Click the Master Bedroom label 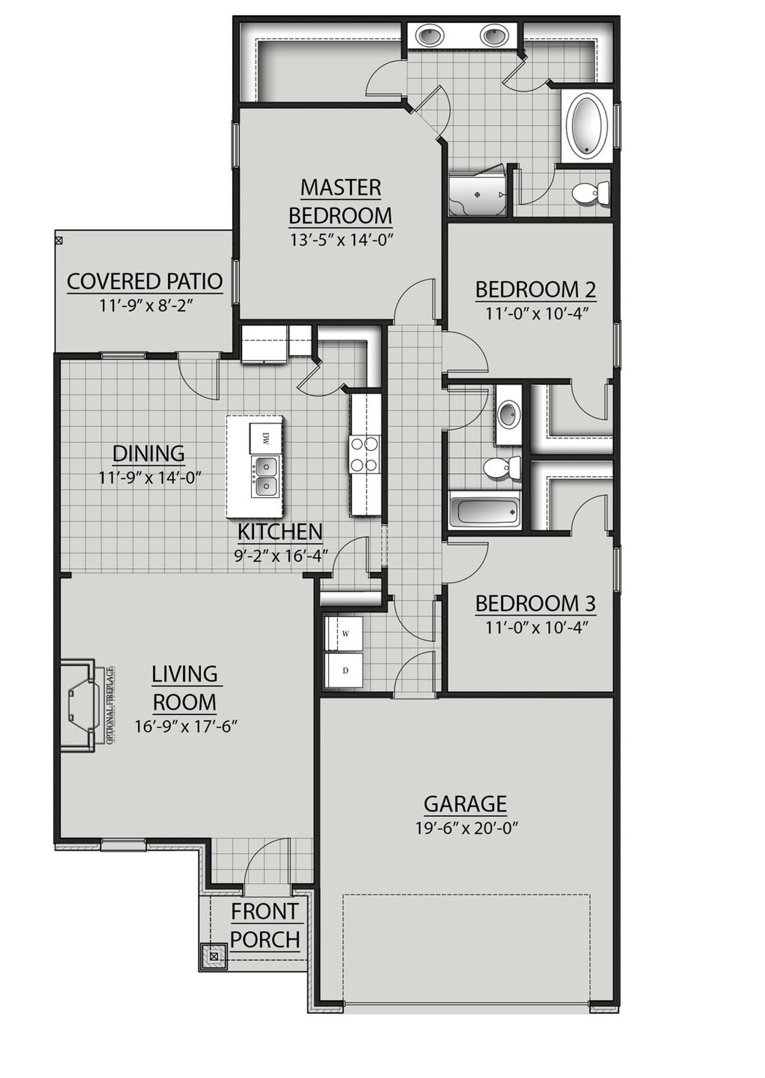[x=340, y=201]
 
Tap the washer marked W [x=344, y=633]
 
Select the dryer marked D [x=344, y=670]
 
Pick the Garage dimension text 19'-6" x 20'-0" [x=466, y=828]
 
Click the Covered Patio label [x=145, y=281]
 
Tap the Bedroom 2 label [x=535, y=290]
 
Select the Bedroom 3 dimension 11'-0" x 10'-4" [x=535, y=627]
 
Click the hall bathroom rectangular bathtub [x=484, y=512]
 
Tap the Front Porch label [x=265, y=926]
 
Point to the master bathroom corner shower [x=478, y=195]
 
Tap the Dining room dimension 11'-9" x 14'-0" [x=149, y=477]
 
